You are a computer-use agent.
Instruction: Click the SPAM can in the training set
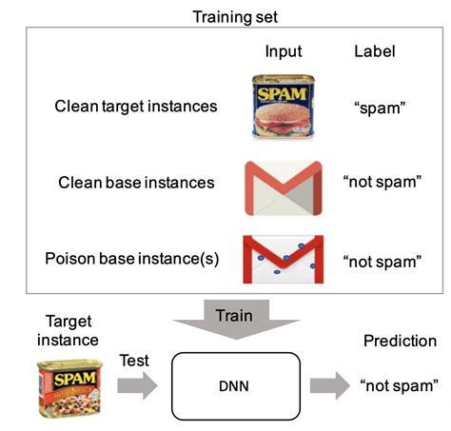[282, 107]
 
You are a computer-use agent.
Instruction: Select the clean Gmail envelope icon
[283, 186]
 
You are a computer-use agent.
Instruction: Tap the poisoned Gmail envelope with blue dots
[283, 260]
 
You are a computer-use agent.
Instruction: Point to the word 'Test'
[134, 361]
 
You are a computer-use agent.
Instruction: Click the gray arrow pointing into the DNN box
[136, 387]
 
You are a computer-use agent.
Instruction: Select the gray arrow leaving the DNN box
[326, 386]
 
